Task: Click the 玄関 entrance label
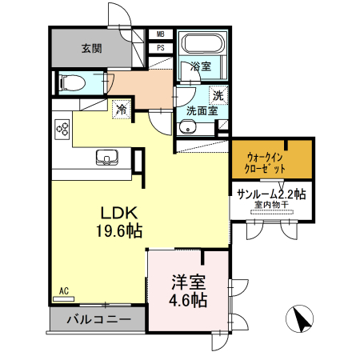[91, 48]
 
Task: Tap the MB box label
[160, 34]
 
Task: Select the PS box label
[160, 47]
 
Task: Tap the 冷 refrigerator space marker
[122, 108]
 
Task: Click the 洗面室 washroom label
[202, 111]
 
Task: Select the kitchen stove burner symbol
[63, 129]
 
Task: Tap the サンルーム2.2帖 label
[272, 194]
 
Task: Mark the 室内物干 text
[272, 206]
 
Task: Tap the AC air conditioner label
[63, 290]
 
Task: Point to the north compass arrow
[302, 320]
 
